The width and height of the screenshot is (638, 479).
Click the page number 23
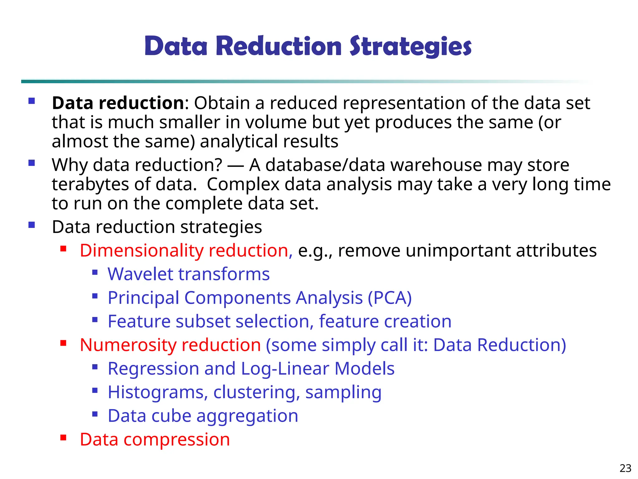click(x=625, y=468)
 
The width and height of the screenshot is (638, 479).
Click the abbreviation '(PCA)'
click(x=390, y=298)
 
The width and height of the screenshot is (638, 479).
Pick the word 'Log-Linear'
click(x=285, y=369)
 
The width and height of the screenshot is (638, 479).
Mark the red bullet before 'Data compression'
click(x=64, y=438)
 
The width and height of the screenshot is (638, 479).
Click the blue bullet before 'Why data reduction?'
click(x=31, y=163)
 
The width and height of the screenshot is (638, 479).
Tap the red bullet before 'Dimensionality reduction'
click(x=64, y=249)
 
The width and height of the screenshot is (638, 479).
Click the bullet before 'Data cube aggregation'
click(x=95, y=414)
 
